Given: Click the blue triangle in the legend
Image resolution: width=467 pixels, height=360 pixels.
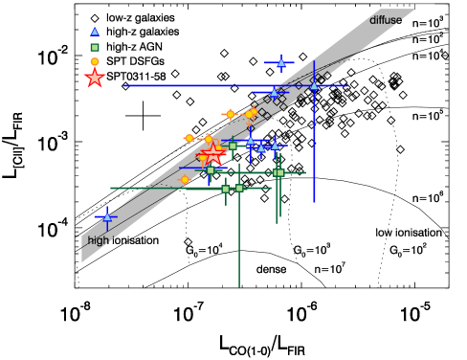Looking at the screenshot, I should point(94,32).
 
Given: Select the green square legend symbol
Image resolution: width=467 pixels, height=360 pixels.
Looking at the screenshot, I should point(94,47).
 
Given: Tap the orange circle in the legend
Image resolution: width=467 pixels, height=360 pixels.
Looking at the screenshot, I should point(94,61).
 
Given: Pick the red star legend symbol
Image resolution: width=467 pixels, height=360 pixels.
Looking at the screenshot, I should point(94,79).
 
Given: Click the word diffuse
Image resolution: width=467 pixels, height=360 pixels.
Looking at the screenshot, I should point(388,19).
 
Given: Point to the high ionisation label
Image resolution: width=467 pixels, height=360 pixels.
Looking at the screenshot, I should point(122,240).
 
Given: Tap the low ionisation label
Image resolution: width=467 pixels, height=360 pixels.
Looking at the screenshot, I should point(406,233).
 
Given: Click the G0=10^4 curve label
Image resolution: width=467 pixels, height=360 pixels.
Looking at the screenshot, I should point(204,251).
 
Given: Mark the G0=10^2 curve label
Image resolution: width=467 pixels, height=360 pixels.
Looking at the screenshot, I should point(408,250).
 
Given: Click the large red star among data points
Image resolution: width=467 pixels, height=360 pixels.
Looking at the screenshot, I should point(212,155).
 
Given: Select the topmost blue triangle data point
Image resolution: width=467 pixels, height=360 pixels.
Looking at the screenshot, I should point(281,63).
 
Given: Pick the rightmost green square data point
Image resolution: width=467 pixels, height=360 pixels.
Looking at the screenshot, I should point(278,173).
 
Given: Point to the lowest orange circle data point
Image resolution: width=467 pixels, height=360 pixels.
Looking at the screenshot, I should point(186,180).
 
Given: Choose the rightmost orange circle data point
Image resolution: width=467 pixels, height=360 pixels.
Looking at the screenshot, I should point(251,115).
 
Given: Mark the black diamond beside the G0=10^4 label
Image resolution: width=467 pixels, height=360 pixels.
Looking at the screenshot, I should point(189,240).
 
